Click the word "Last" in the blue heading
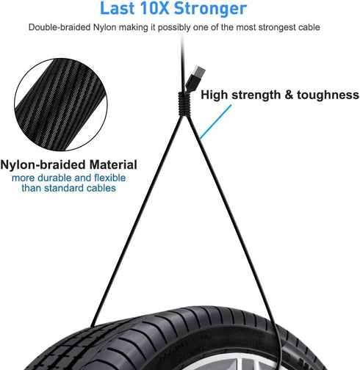(x=118, y=8)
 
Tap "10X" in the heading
(x=154, y=8)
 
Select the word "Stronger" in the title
(x=210, y=10)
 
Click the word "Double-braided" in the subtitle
(x=60, y=27)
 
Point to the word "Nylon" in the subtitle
(x=104, y=28)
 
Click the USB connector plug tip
(x=200, y=72)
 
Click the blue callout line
(x=215, y=122)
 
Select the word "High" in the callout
(x=214, y=95)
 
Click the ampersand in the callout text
(x=289, y=95)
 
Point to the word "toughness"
(x=328, y=95)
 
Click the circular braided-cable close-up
(x=61, y=104)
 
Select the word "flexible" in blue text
(x=110, y=178)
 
